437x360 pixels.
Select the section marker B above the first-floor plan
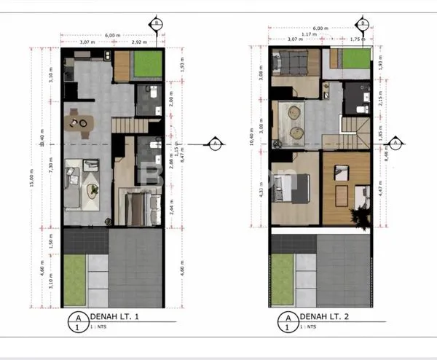click(156, 23)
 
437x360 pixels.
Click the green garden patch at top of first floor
click(146, 66)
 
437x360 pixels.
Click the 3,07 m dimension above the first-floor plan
click(87, 43)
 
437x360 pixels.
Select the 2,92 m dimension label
click(141, 43)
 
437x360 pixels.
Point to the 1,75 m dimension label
click(357, 39)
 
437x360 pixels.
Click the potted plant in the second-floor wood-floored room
click(358, 216)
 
